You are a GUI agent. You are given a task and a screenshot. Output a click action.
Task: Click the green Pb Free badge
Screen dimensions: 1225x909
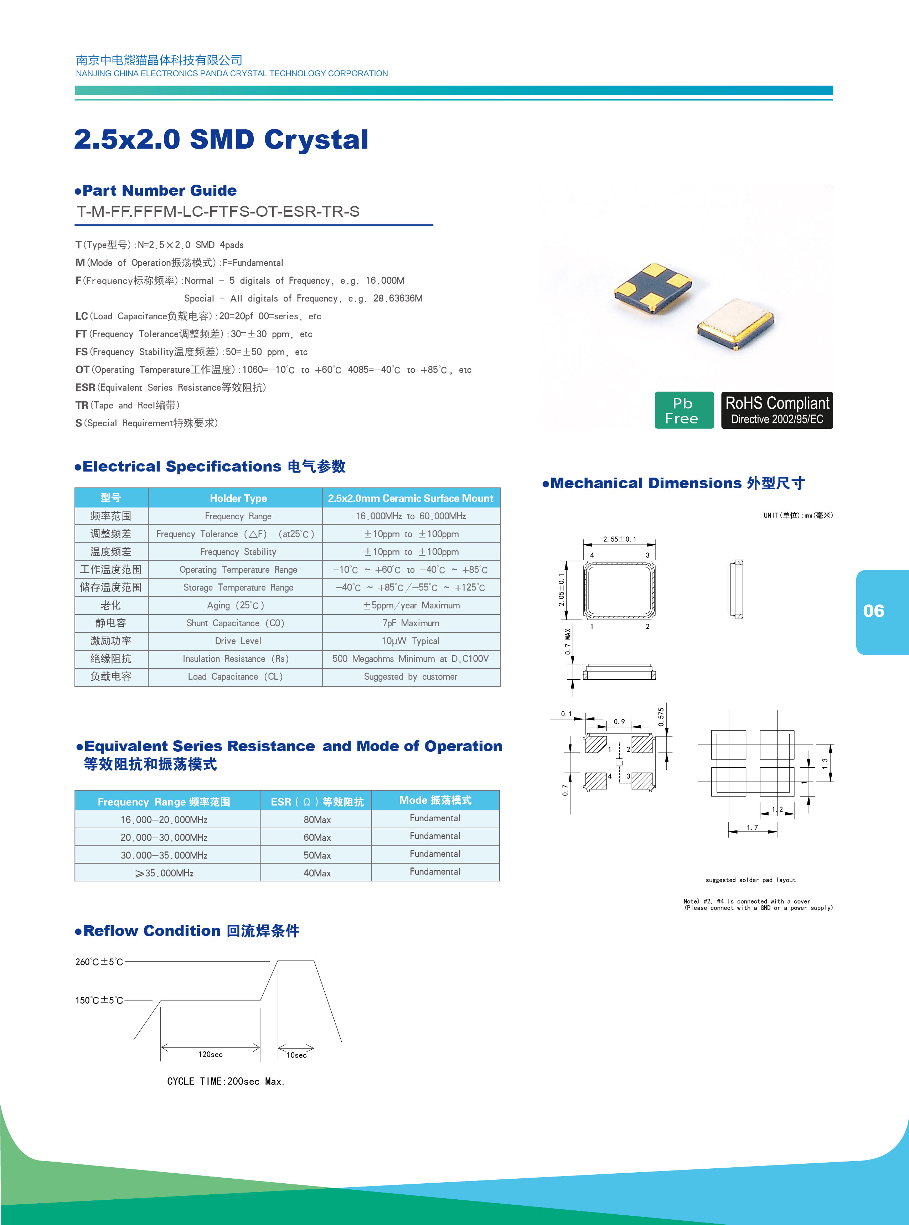coord(684,410)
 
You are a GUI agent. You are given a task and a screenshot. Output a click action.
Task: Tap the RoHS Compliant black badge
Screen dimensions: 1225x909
coord(776,410)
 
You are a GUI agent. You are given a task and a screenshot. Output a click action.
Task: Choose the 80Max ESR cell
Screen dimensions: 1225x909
coord(317,819)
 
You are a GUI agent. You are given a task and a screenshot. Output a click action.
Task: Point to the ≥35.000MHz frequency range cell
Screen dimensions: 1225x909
coord(164,873)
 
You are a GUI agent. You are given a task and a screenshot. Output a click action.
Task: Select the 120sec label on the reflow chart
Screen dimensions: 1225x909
coord(210,1054)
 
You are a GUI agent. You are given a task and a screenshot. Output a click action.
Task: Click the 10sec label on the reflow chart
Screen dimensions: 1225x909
coord(296,1055)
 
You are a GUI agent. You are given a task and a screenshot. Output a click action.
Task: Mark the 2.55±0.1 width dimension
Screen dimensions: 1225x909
coord(619,539)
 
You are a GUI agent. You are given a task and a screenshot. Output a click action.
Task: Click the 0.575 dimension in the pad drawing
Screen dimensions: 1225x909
coord(661,717)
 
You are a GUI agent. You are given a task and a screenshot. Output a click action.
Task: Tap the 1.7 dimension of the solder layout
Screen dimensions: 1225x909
coord(752,828)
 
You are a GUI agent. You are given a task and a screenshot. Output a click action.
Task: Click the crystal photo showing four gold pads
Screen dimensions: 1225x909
coord(652,288)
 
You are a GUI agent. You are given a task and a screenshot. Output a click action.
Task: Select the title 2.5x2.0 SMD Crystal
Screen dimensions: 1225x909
coord(221,139)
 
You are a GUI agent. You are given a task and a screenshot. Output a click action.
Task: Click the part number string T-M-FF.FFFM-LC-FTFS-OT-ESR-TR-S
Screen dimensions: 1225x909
coord(218,212)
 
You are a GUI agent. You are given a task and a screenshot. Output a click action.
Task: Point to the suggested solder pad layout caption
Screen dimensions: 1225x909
coord(750,880)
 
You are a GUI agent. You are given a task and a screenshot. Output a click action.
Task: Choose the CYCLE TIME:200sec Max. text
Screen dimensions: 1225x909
coord(226,1081)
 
